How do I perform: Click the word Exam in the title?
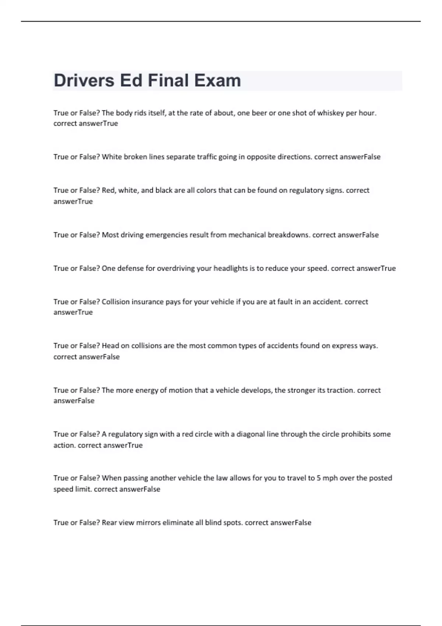pos(217,80)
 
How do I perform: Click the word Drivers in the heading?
pos(84,80)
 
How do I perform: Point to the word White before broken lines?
pos(112,157)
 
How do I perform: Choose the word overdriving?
pos(176,268)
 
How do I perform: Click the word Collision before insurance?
pos(116,302)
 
